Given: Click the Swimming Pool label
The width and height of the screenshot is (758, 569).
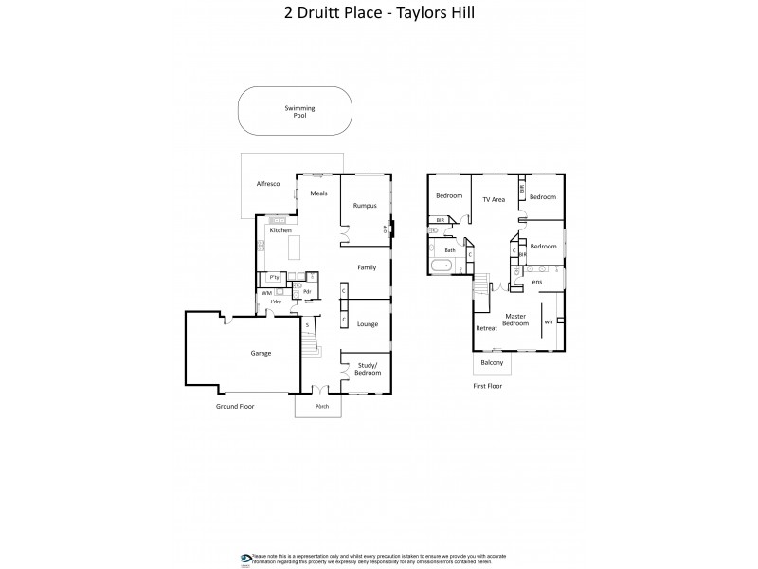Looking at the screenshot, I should pos(300,111).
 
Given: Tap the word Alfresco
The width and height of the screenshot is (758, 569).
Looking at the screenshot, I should pos(268,183).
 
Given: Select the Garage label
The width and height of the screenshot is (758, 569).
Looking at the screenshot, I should pos(261,353).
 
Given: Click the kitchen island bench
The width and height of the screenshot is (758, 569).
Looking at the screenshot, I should pos(294,248).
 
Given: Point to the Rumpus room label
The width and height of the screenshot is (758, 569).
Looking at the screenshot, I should pos(366,205).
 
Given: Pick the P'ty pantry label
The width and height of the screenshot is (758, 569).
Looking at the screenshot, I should pos(274,277).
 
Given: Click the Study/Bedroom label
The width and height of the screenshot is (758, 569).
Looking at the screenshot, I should pos(368,369).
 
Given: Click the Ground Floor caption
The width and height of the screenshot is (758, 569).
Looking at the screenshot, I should pos(234,406).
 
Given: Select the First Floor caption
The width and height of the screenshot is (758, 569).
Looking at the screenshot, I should pos(487,386).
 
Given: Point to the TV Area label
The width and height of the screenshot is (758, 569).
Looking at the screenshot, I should pos(494,199).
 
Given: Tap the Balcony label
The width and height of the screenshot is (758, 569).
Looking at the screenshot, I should pos(492,363).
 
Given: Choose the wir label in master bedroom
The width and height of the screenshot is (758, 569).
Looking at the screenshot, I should pos(549,321).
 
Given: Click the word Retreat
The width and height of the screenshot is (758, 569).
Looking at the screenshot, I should pos(486,328).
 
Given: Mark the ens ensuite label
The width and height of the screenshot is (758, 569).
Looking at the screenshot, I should pos(536,282).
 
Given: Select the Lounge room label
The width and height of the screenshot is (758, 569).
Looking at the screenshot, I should pos(368,324).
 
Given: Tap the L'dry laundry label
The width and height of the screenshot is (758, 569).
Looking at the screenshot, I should pos(278,302).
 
